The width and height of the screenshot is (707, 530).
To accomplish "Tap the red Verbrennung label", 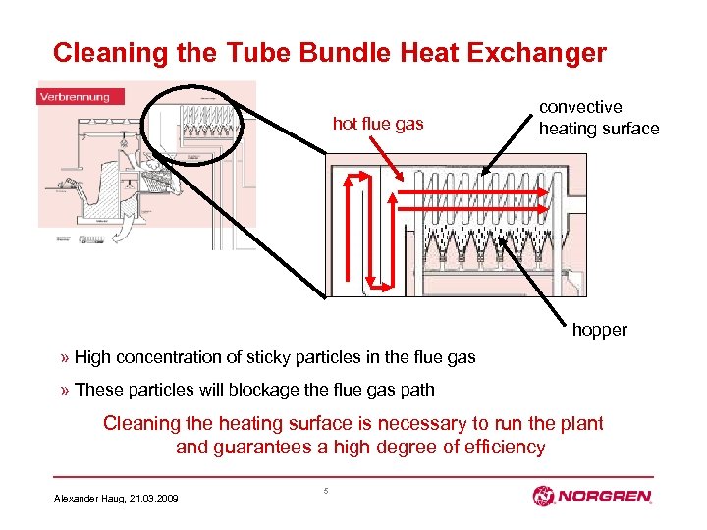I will tap(75, 96).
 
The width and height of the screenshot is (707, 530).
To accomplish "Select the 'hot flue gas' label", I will tap(378, 123).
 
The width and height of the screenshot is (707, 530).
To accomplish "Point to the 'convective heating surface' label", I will tap(598, 118).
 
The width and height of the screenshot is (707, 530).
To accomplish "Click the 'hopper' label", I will tap(599, 330).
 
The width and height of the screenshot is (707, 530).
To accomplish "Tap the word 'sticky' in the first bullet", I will tap(280, 357).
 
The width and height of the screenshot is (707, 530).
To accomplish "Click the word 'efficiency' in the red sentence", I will tap(495, 447).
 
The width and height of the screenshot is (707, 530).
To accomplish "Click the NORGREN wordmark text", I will tap(606, 497).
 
